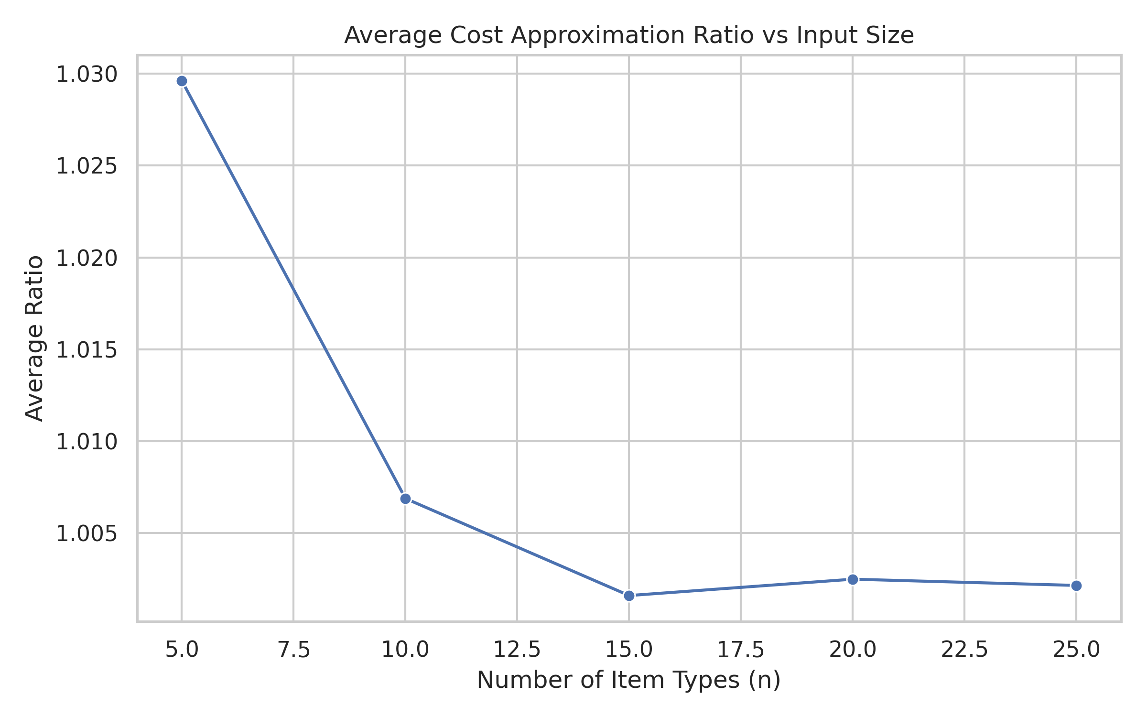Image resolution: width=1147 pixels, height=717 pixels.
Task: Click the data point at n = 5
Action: (182, 81)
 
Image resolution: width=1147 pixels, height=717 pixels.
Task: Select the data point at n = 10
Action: (405, 499)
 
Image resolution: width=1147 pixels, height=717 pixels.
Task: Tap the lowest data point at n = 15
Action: (629, 596)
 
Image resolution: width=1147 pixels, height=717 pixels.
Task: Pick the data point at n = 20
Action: (853, 579)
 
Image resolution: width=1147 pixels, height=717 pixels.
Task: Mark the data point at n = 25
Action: (1076, 586)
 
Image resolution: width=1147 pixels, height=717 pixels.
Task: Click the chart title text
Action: (629, 36)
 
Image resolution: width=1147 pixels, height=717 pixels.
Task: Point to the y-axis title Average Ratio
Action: (34, 338)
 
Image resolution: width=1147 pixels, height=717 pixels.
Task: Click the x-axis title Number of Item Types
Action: (629, 680)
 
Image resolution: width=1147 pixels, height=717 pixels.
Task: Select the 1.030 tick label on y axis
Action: (87, 75)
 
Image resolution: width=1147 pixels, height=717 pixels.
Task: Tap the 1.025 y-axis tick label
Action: (87, 166)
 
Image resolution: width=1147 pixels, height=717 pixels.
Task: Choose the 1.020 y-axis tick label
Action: (87, 258)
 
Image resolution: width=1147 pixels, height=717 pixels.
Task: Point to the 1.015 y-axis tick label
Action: (87, 350)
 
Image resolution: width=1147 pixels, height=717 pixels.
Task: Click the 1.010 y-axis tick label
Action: (87, 442)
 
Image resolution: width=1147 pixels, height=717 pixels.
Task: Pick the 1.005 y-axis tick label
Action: (87, 533)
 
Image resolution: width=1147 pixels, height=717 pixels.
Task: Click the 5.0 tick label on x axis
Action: (182, 650)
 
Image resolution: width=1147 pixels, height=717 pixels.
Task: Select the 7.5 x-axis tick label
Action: (294, 650)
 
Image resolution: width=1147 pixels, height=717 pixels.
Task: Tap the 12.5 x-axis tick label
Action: (517, 650)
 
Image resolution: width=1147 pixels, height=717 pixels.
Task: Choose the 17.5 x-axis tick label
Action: (741, 650)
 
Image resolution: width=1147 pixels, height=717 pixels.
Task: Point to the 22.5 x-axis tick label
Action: (964, 650)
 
